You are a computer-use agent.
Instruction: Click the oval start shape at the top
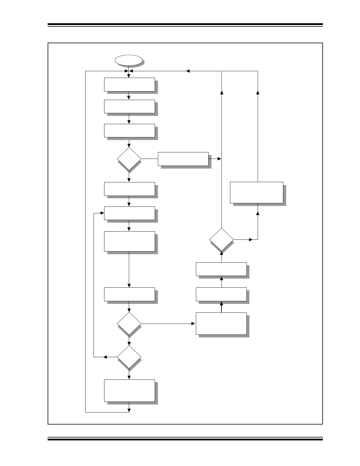[x=129, y=60]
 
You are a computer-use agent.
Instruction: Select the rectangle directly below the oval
[x=129, y=84]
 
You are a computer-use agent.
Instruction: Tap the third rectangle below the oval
[x=129, y=130]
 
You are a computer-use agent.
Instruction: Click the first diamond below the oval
[x=129, y=159]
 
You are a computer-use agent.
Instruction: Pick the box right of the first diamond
[x=183, y=159]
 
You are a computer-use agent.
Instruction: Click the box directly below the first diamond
[x=129, y=189]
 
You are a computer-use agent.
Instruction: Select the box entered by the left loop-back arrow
[x=129, y=213]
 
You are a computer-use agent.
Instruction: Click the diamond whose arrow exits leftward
[x=129, y=357]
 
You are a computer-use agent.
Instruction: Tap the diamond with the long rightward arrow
[x=129, y=324]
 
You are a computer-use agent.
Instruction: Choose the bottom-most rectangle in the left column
[x=129, y=390]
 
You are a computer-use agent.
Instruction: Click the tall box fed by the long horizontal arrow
[x=221, y=323]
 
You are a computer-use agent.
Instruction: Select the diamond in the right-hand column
[x=221, y=239]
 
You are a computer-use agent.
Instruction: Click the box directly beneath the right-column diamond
[x=221, y=269]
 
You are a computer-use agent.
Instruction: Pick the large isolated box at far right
[x=256, y=192]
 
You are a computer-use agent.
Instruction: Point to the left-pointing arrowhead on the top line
[x=188, y=71]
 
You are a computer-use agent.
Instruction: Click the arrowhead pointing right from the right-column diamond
[x=251, y=240]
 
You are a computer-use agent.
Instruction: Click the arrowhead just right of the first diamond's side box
[x=219, y=159]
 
